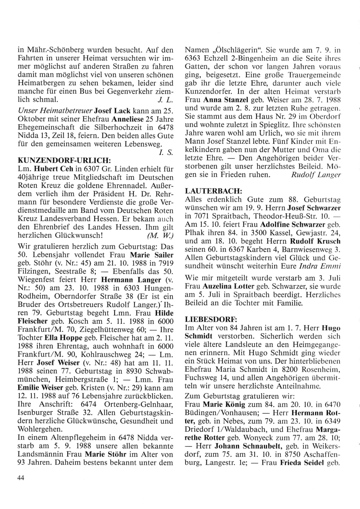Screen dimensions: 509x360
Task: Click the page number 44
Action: pos(21,478)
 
